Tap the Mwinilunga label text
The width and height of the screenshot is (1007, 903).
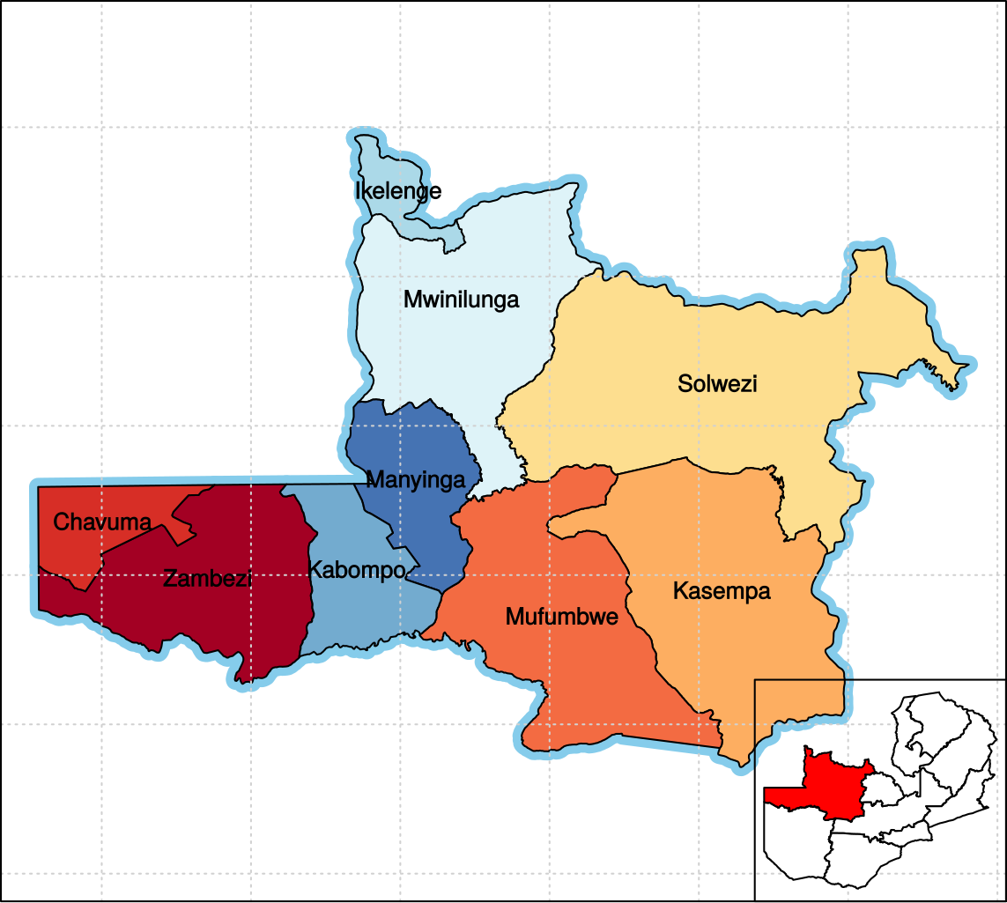tap(461, 300)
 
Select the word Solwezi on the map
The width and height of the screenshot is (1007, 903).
tap(717, 384)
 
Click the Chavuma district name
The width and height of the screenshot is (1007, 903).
tap(102, 522)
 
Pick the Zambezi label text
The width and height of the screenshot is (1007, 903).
tap(208, 579)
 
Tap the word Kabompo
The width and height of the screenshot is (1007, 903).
tap(356, 570)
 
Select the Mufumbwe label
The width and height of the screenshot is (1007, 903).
tap(561, 618)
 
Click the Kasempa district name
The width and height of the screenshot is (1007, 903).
tap(722, 591)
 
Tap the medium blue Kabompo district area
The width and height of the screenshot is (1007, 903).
tap(370, 617)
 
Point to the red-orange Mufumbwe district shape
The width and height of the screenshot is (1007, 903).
tap(599, 687)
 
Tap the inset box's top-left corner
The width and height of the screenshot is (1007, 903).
tap(755, 681)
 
